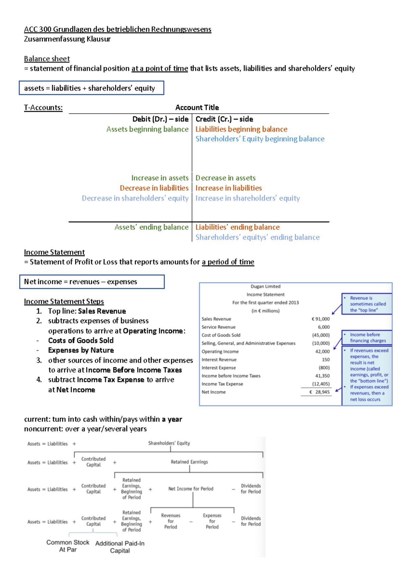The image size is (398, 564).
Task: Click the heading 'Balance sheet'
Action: (47, 59)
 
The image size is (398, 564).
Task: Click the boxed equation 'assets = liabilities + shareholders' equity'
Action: (90, 88)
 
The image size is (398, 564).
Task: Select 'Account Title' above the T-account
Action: (197, 107)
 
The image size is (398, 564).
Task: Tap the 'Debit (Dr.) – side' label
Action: (160, 119)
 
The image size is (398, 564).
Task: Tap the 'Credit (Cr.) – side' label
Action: (224, 119)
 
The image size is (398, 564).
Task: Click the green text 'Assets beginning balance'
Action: (147, 129)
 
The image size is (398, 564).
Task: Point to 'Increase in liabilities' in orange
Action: (229, 188)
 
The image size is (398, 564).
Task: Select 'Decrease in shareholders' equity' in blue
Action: (135, 198)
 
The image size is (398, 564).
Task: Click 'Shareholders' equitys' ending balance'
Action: (257, 237)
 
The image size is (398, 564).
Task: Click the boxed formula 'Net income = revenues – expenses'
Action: (81, 282)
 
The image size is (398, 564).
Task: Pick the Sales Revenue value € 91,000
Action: (321, 319)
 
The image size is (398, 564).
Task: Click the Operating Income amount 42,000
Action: (322, 351)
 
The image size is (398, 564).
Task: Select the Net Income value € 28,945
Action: (320, 392)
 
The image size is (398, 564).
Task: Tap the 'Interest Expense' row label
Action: (219, 368)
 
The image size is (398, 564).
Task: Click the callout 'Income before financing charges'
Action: (367, 337)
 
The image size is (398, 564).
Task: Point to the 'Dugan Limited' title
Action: (265, 286)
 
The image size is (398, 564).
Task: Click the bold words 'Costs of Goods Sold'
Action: (81, 340)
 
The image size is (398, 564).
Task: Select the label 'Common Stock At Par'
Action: (68, 546)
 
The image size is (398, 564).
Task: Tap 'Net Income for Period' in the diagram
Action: (191, 489)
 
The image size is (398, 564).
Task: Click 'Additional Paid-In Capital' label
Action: (120, 547)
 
